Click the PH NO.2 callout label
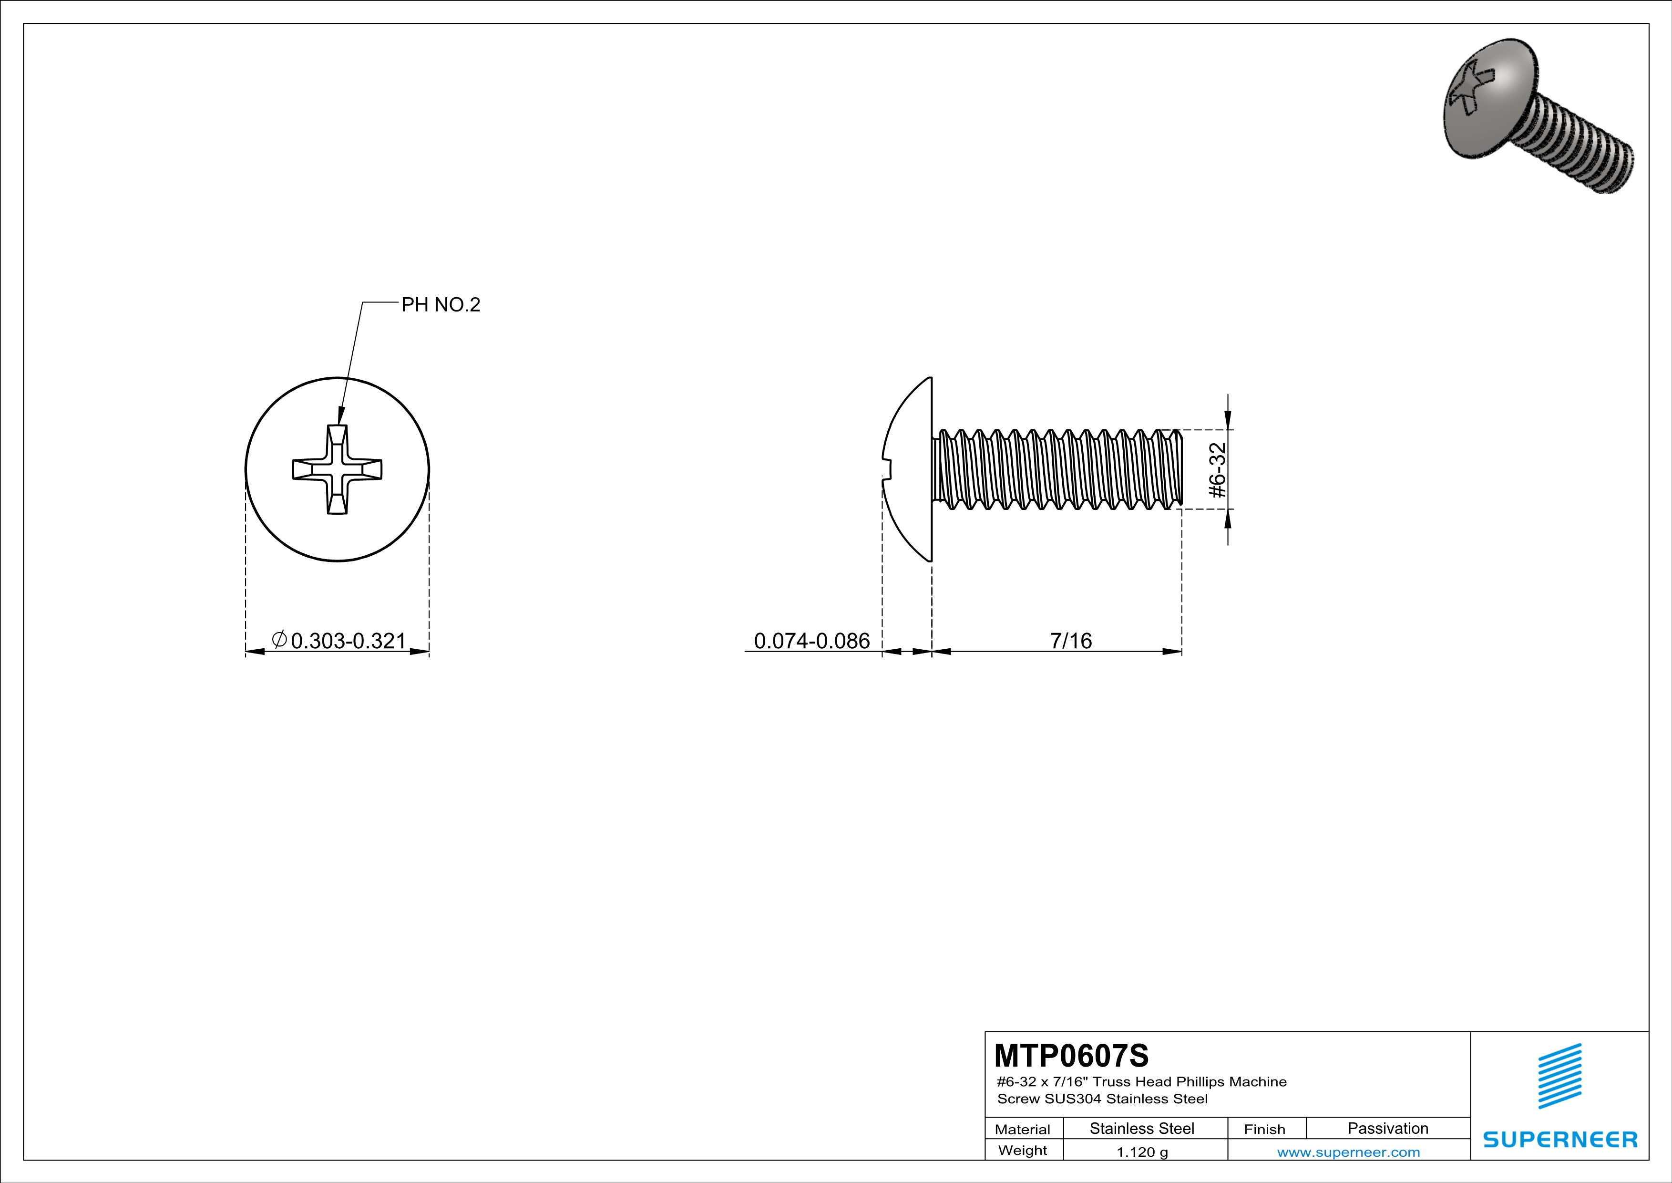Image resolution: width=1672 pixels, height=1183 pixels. point(441,304)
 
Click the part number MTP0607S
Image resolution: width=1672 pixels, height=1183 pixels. point(1071,1055)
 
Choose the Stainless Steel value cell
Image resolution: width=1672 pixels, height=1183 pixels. point(1142,1128)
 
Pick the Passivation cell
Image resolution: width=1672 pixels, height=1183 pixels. point(1388,1128)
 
